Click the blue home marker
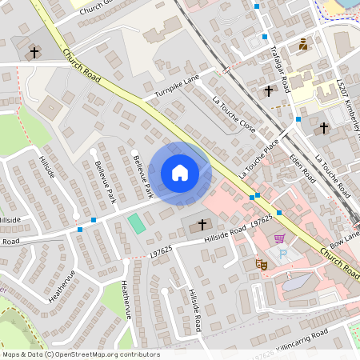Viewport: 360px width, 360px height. click(180, 173)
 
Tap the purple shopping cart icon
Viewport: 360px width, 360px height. click(279, 238)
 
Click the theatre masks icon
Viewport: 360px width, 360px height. click(260, 262)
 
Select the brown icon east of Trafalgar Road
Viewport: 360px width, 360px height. click(303, 46)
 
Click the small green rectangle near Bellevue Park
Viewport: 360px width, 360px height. click(138, 223)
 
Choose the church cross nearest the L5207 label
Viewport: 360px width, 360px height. click(324, 127)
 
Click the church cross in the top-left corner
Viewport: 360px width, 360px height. click(34, 53)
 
